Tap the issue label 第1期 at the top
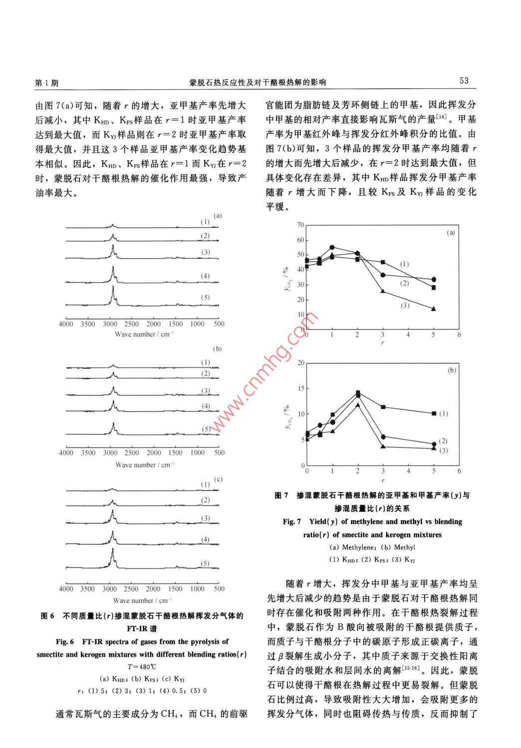click(x=46, y=82)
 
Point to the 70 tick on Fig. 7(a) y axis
click(x=300, y=225)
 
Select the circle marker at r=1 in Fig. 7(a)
click(x=332, y=247)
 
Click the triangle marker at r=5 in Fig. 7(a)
click(x=434, y=309)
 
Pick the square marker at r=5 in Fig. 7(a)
click(x=434, y=288)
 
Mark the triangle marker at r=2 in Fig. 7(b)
click(x=357, y=404)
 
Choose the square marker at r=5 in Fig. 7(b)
click(x=434, y=413)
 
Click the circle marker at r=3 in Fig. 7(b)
click(x=383, y=437)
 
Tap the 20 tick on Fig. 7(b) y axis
click(x=300, y=363)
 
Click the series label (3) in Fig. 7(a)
click(x=405, y=306)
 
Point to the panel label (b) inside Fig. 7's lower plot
click(x=452, y=371)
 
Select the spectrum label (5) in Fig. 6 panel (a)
click(x=205, y=298)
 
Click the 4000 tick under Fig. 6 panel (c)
click(x=66, y=589)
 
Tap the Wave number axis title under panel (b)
click(x=144, y=465)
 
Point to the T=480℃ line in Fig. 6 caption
click(x=142, y=667)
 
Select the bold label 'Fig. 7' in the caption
click(x=292, y=522)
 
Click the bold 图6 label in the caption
click(x=47, y=616)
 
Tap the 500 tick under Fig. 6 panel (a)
click(x=219, y=324)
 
